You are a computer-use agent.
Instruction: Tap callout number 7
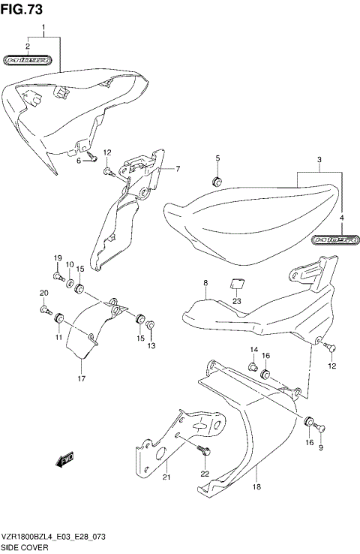[x=178, y=169]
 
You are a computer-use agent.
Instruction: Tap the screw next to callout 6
[x=91, y=157]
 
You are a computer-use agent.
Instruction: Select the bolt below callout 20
[x=44, y=308]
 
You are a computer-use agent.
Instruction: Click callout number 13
[x=150, y=345]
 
